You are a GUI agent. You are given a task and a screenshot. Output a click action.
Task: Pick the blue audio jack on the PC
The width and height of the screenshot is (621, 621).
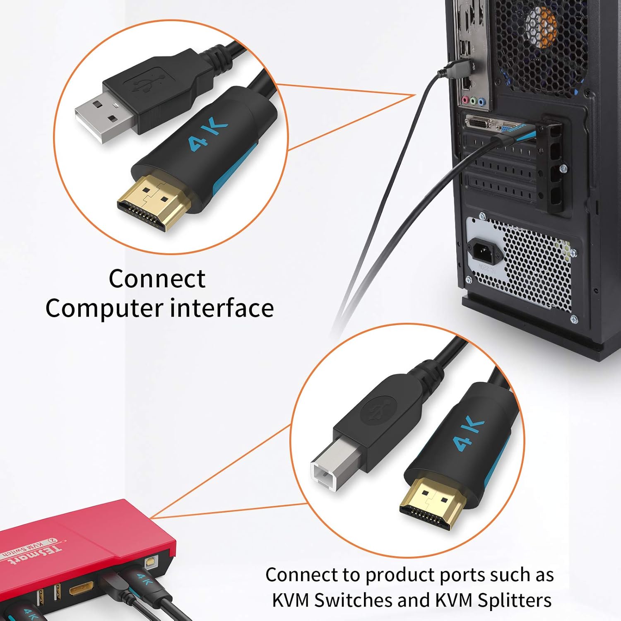(481, 101)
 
